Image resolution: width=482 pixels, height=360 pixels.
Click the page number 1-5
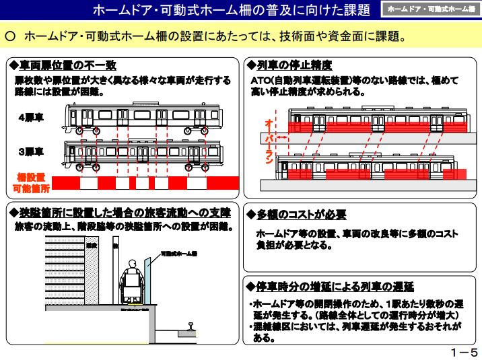pyautogui.click(x=464, y=352)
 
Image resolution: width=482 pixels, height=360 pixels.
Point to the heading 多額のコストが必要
pyautogui.click(x=300, y=215)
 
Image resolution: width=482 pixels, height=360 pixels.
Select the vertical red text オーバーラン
pyautogui.click(x=269, y=143)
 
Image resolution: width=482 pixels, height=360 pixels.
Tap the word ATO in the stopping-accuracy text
pyautogui.click(x=253, y=80)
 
